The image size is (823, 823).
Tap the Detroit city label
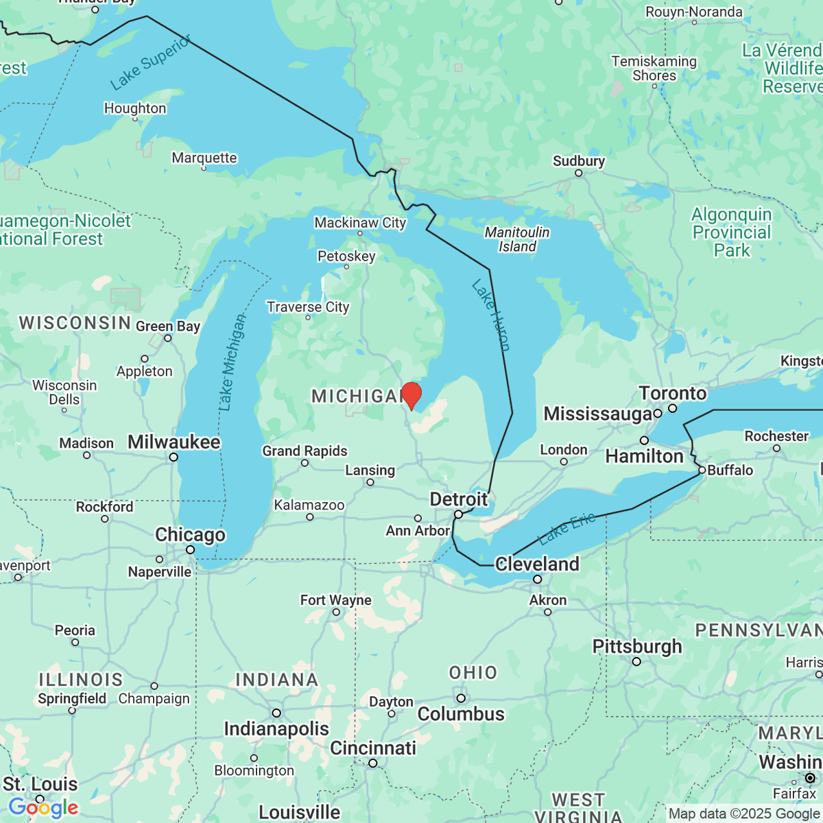[x=458, y=499]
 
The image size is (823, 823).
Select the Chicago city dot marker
[x=190, y=549]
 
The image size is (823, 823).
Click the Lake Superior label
[x=151, y=63]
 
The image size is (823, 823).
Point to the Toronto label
[x=672, y=393]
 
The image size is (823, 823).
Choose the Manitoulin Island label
[x=517, y=239]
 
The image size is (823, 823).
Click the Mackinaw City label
[x=360, y=223]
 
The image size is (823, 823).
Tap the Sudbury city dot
[x=578, y=173]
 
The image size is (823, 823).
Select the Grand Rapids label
[x=305, y=451]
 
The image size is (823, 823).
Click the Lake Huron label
[x=491, y=315]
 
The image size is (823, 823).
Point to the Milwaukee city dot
[x=174, y=457]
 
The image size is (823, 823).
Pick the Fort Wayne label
[x=335, y=600]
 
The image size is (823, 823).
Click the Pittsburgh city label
[x=637, y=646]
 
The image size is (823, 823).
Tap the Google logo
[x=43, y=807]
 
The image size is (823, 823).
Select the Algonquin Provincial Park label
[x=732, y=232]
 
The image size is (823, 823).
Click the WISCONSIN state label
[x=75, y=322]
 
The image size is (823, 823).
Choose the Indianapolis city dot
[x=276, y=713]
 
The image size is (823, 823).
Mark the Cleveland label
[x=537, y=564]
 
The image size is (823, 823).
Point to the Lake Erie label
[x=567, y=529]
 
